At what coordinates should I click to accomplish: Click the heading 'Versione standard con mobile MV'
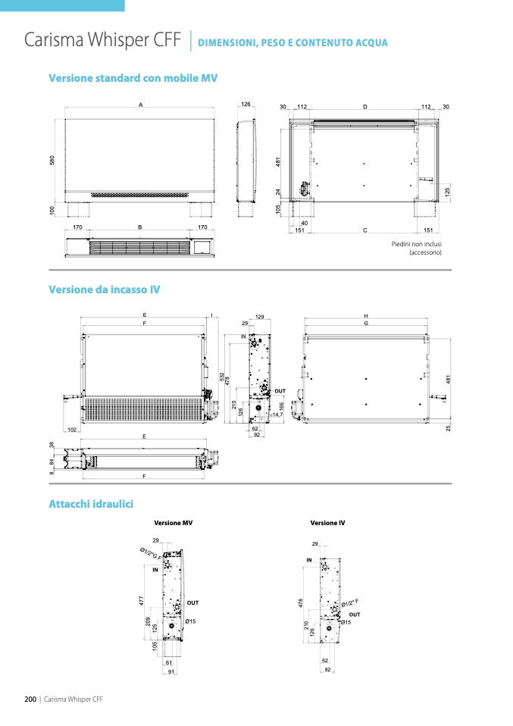pos(133,78)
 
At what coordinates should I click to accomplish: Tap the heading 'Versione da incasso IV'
pos(104,289)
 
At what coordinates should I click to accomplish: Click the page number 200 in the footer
pos(30,699)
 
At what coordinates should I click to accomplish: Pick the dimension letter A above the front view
pos(141,105)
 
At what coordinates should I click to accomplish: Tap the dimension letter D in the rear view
pos(364,107)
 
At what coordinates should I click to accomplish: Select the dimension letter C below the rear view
pos(364,230)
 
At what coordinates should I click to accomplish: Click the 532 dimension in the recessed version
pos(221,376)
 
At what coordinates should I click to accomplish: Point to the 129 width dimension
pos(259,316)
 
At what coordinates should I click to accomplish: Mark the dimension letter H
pos(365,315)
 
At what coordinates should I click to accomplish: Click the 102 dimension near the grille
pos(73,429)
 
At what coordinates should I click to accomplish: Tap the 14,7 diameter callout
pos(277,415)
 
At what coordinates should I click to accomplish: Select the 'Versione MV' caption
pos(173,523)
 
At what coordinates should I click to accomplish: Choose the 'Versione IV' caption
pos(327,523)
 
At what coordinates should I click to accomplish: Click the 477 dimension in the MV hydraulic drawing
pos(141,600)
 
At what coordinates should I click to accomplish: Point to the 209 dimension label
pos(148,622)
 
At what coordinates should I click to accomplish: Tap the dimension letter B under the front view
pos(140,227)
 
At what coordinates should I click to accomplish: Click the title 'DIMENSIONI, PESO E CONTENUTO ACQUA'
pos(292,43)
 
